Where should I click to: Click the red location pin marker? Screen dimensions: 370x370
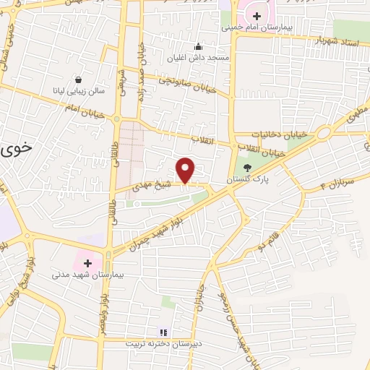[186, 170]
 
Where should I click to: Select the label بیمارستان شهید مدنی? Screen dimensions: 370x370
[88, 275]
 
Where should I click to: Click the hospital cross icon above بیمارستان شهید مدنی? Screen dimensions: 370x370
[88, 263]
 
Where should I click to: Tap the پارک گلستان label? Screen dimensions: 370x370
[248, 178]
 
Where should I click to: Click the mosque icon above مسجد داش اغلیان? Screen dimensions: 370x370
[198, 45]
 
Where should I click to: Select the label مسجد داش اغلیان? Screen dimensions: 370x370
[198, 56]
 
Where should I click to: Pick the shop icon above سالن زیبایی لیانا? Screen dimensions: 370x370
[77, 80]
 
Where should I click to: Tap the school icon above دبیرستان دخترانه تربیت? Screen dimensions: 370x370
[163, 332]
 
